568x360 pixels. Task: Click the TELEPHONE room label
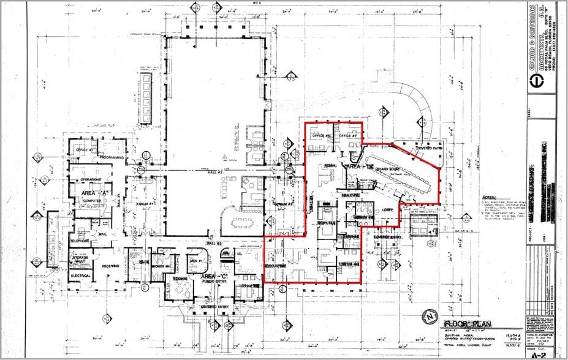pyautogui.click(x=80, y=241)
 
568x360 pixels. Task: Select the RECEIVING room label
pyautogui.click(x=110, y=265)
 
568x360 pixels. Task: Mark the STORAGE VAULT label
pyautogui.click(x=82, y=260)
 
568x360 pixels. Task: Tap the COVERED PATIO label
pyautogui.click(x=429, y=148)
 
